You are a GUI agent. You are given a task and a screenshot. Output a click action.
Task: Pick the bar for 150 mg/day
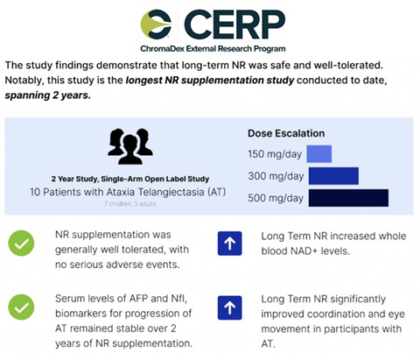point(318,154)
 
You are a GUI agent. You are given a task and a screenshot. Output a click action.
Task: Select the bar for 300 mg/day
point(332,176)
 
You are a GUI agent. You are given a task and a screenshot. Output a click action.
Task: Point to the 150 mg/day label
point(269,155)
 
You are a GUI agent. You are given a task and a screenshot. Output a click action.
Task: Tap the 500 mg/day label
point(269,198)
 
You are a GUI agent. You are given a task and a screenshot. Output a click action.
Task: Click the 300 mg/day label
point(269,176)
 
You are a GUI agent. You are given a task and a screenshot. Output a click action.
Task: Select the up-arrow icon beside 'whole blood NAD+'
point(229,244)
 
